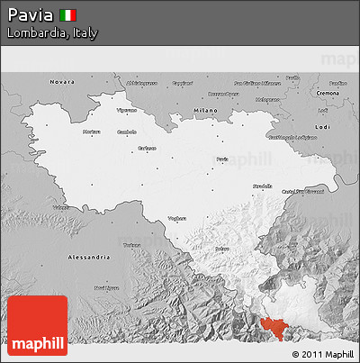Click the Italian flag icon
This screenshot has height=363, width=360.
coord(67,14)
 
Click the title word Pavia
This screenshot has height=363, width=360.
coord(30,14)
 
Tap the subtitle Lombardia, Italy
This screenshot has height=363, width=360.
coord(51,32)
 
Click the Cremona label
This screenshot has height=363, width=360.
coord(328,93)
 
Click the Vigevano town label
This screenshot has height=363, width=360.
coord(127,110)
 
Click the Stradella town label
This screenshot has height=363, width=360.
coord(262,185)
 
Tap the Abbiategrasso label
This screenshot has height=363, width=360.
coord(143,83)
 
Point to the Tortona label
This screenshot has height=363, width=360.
coord(133,244)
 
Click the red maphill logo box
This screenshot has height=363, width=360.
coord(37,325)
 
